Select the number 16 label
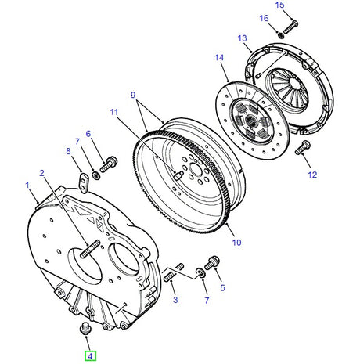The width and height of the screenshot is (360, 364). pyautogui.click(x=264, y=18)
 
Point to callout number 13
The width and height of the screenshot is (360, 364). pyautogui.click(x=243, y=38)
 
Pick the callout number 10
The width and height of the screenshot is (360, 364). pyautogui.click(x=236, y=243)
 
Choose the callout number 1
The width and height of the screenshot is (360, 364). pyautogui.click(x=27, y=186)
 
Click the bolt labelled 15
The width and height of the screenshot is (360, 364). pyautogui.click(x=288, y=25)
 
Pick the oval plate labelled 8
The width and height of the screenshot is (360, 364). pyautogui.click(x=84, y=182)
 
